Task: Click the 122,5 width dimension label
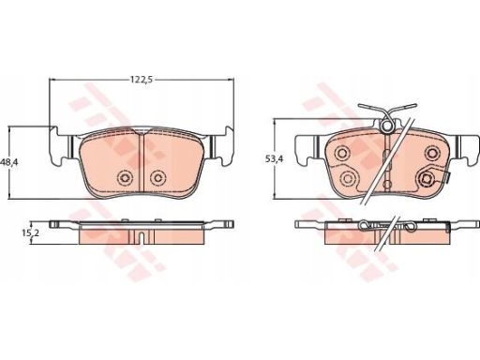tap(142, 80)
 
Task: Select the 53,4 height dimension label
tap(274, 159)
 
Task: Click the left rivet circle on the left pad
tap(125, 178)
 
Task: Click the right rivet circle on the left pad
tap(157, 178)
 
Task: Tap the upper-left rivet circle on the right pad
tap(341, 153)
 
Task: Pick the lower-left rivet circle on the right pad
tap(348, 178)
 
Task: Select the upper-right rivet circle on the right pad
tap(431, 153)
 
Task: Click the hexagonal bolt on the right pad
tap(426, 179)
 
